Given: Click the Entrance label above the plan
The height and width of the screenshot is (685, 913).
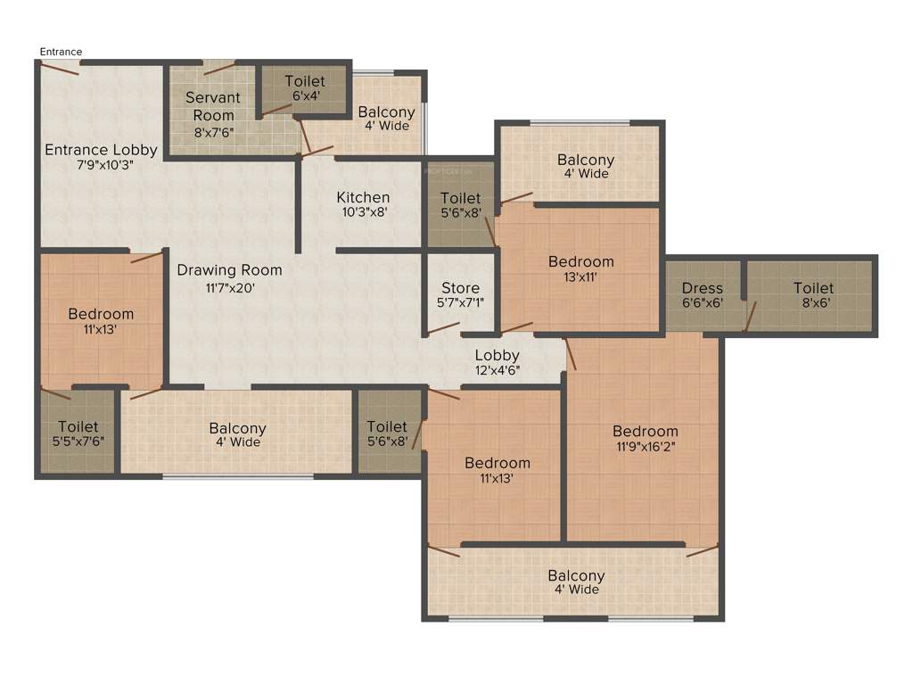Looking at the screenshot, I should pos(61,52).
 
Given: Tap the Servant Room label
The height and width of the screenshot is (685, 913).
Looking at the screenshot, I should pos(213,106).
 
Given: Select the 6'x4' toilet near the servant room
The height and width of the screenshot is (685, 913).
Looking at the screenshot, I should pos(304,88).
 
